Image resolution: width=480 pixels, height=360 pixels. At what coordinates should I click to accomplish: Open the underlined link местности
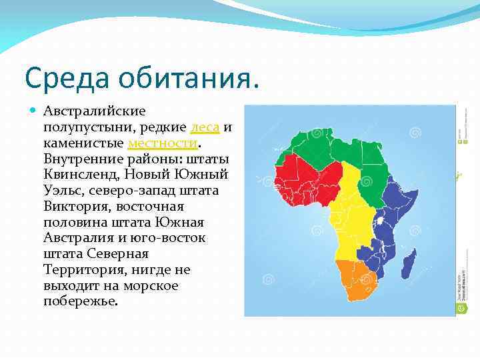coord(163,143)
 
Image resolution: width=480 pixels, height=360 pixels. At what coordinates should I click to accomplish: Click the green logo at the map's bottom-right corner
coord(460,308)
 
